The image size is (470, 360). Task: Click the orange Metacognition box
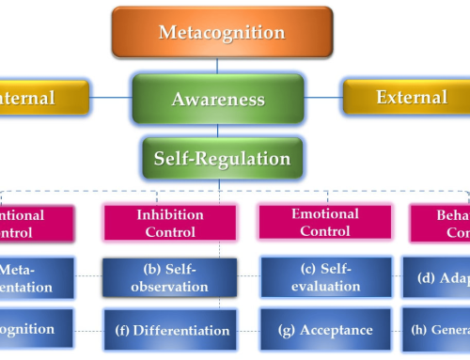point(221,33)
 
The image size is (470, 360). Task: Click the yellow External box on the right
point(405,98)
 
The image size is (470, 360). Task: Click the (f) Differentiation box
point(168,330)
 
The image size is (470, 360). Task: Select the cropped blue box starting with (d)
point(436,278)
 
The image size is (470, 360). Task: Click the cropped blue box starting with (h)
point(436,330)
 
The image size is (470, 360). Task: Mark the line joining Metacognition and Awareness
point(218,67)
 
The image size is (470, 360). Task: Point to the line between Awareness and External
point(322,96)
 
